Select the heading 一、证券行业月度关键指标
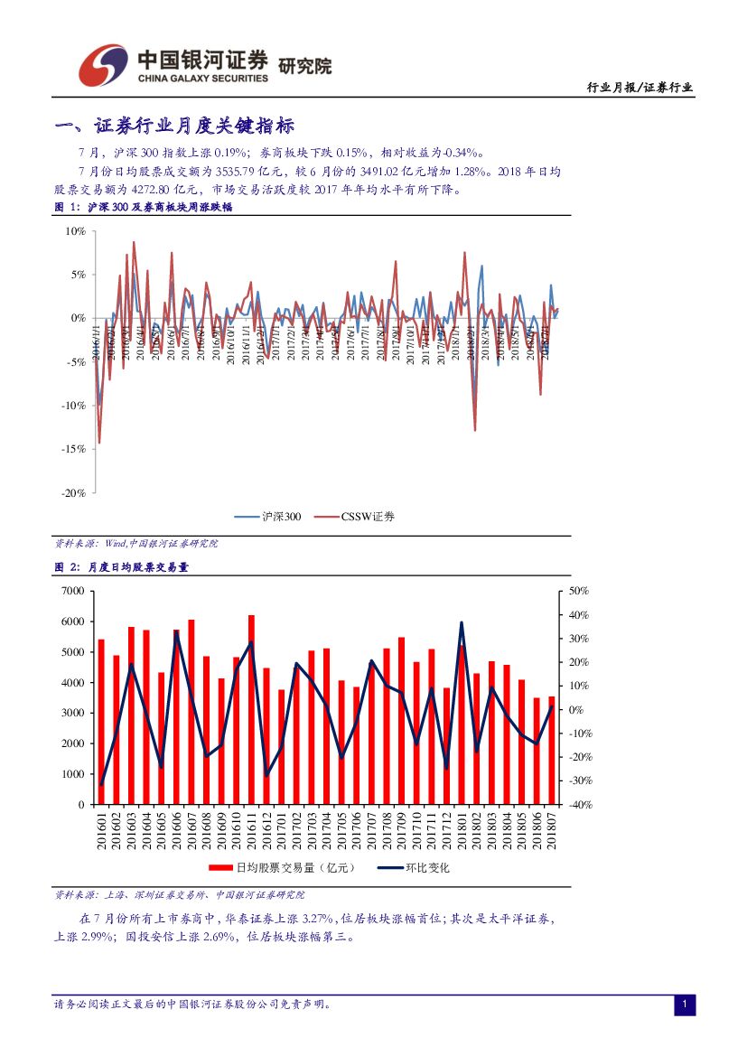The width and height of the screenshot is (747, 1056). tap(174, 126)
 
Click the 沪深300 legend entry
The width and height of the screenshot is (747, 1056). tap(267, 517)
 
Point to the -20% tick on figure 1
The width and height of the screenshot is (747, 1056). tap(74, 492)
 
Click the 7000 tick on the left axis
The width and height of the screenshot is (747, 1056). tap(72, 591)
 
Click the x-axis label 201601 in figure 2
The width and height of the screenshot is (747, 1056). tap(101, 831)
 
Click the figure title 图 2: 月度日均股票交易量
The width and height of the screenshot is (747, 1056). tap(122, 567)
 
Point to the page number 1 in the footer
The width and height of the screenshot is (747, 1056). tap(685, 1005)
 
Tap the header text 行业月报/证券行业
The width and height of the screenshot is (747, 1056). tap(640, 88)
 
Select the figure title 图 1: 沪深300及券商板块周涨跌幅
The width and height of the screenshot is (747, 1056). tap(144, 207)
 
